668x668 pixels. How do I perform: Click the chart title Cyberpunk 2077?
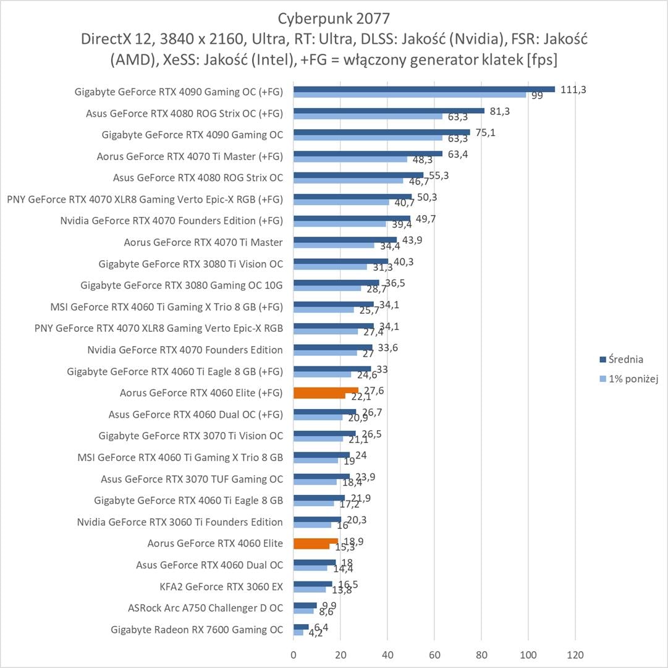[334, 17]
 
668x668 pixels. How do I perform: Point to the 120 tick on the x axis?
[575, 654]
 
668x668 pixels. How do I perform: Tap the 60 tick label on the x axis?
[434, 654]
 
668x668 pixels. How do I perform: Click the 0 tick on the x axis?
[294, 654]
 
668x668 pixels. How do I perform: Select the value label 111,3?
[573, 90]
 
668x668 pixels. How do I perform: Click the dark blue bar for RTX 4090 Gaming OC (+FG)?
[424, 89]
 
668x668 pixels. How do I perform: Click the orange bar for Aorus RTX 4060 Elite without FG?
[315, 542]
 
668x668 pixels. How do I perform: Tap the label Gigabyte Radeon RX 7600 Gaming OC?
[197, 630]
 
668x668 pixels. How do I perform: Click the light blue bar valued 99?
[409, 95]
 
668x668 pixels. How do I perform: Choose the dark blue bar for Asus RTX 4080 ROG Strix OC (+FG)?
[389, 111]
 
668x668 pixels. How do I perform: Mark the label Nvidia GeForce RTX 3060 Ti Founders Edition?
[180, 522]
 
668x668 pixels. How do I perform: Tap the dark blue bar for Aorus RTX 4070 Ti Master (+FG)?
[368, 154]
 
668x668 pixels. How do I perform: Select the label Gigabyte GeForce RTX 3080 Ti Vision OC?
[190, 264]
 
